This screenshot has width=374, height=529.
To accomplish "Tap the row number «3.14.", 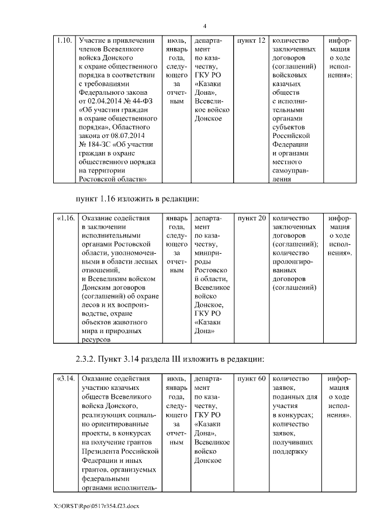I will pyautogui.click(x=65, y=379).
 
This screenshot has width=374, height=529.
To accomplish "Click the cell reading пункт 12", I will pyautogui.click(x=251, y=41).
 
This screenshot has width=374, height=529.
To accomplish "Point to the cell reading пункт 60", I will pyautogui.click(x=251, y=379).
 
